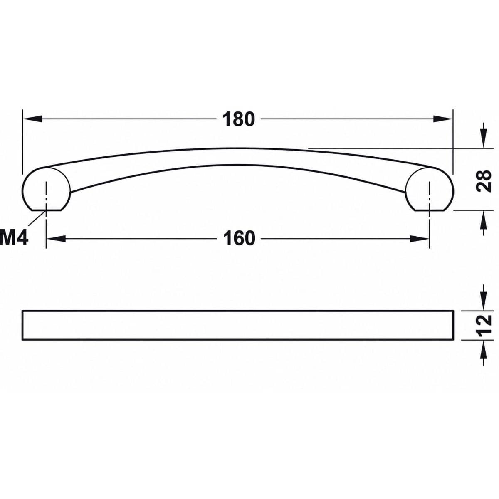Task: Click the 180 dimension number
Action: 239,119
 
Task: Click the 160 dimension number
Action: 239,239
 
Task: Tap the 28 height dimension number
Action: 484,181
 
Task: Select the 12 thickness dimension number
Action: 484,325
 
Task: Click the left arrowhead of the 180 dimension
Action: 32,119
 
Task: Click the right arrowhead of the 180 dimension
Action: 443,119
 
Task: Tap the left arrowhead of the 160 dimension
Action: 56,239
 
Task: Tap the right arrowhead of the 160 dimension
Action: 420,239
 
